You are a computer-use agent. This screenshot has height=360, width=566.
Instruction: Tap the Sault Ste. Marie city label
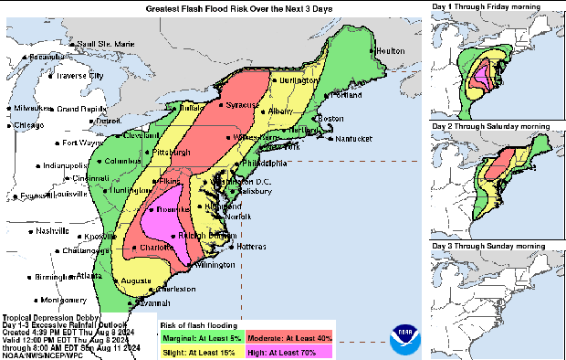tap(104, 44)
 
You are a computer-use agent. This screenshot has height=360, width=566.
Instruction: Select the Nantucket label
tap(351, 139)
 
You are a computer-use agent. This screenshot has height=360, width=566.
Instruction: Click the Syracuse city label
tap(244, 105)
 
